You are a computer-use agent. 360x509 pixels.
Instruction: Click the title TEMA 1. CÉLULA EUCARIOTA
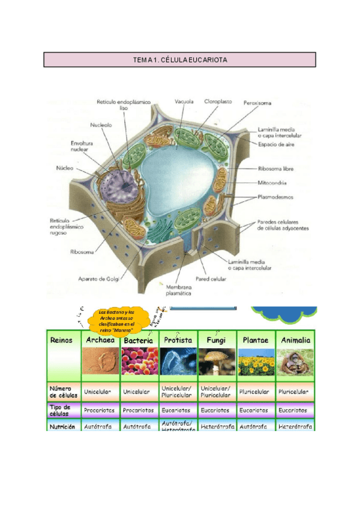point(180,60)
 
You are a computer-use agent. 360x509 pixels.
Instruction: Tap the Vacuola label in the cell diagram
point(184,102)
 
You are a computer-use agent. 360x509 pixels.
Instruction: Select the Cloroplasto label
point(218,102)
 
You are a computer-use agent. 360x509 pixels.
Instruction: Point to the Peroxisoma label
point(257,103)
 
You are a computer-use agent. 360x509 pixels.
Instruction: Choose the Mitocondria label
point(272,183)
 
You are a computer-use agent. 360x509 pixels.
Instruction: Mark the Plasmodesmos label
point(276,196)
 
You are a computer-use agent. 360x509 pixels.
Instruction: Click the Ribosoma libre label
point(275,169)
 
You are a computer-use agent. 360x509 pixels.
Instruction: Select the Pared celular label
point(210,279)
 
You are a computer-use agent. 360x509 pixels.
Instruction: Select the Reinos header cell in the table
point(61,340)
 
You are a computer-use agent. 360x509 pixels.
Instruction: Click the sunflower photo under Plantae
point(256,363)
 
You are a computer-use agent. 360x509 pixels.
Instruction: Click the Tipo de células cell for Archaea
point(100,411)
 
